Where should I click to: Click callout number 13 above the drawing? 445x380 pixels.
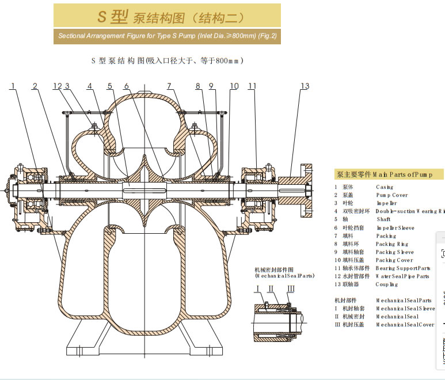[305, 86]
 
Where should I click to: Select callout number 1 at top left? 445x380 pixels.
[13, 86]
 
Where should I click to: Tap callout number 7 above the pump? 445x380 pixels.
[169, 86]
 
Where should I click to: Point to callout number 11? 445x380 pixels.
[252, 86]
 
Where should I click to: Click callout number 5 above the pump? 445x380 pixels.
[109, 86]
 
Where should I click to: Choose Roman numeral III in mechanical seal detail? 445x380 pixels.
[291, 288]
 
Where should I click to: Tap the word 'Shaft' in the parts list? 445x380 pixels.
[383, 219]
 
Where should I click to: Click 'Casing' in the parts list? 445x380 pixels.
[385, 187]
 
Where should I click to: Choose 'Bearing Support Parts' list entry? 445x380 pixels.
[403, 268]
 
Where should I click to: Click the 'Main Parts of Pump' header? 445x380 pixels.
[389, 174]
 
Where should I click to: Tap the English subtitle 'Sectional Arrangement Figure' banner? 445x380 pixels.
[167, 36]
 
